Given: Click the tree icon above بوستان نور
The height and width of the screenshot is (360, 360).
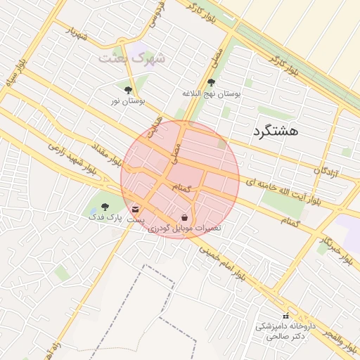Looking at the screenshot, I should pyautogui.click(x=128, y=90).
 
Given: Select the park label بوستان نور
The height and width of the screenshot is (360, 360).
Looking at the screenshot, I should pyautogui.click(x=127, y=102).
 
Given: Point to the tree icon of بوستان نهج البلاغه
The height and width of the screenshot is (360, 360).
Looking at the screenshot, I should pyautogui.click(x=211, y=82).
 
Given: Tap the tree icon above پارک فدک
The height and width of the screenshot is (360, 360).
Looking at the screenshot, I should pyautogui.click(x=105, y=207).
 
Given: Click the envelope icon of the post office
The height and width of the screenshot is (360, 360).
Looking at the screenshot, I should pyautogui.click(x=135, y=209).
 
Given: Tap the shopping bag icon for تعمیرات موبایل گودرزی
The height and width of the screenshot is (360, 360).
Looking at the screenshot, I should pyautogui.click(x=184, y=217).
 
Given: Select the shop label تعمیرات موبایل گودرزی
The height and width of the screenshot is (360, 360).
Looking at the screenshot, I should pyautogui.click(x=183, y=229).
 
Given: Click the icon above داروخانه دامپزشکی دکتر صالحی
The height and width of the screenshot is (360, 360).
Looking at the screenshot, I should pyautogui.click(x=285, y=315).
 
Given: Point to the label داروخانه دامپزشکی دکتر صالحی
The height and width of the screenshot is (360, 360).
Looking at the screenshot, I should pyautogui.click(x=285, y=331).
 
